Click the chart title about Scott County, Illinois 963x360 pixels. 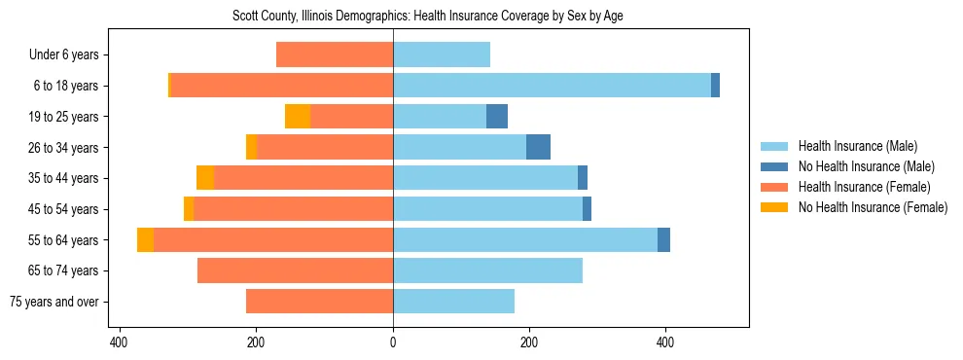pyautogui.click(x=433, y=16)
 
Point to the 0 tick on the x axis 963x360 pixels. pyautogui.click(x=393, y=342)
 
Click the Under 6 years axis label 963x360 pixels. pyautogui.click(x=63, y=55)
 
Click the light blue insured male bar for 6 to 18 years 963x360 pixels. pyautogui.click(x=552, y=86)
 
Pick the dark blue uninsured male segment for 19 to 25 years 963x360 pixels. pyautogui.click(x=497, y=117)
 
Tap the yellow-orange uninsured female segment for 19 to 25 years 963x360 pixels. pyautogui.click(x=298, y=117)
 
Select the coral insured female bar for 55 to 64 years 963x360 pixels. pyautogui.click(x=273, y=240)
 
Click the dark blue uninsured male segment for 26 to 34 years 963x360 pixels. pyautogui.click(x=538, y=148)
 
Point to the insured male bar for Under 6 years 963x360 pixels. pyautogui.click(x=442, y=55)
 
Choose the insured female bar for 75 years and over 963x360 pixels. pyautogui.click(x=319, y=302)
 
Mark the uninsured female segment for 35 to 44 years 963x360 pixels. pyautogui.click(x=205, y=178)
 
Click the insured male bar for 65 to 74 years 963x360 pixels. pyautogui.click(x=487, y=270)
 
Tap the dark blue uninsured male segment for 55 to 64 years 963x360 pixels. pyautogui.click(x=663, y=240)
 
